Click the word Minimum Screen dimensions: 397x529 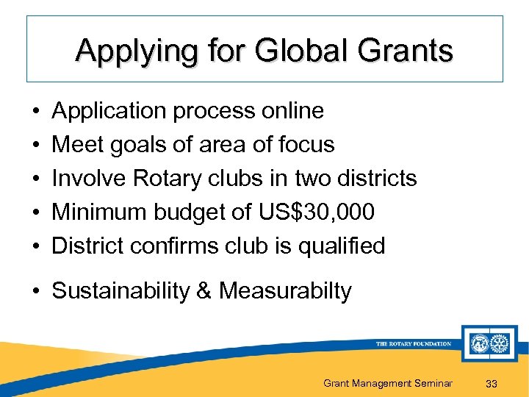(x=99, y=212)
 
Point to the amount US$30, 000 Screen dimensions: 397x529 (x=317, y=212)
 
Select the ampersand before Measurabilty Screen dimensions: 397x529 (x=204, y=291)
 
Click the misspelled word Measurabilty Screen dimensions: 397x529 (x=285, y=291)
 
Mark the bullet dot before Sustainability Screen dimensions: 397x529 (x=36, y=292)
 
